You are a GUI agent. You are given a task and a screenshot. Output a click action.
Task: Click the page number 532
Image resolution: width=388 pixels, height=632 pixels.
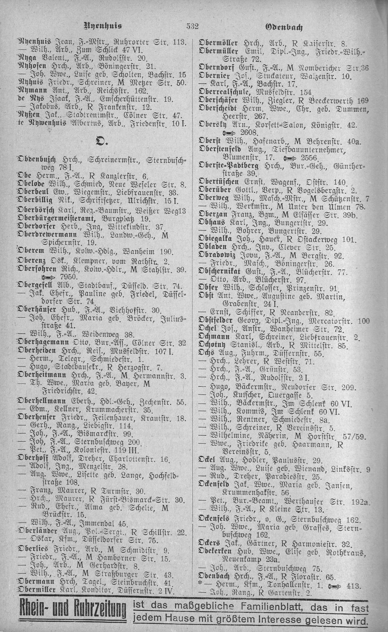(192, 26)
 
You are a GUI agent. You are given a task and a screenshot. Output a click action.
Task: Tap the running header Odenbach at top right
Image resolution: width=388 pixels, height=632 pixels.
(286, 26)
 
